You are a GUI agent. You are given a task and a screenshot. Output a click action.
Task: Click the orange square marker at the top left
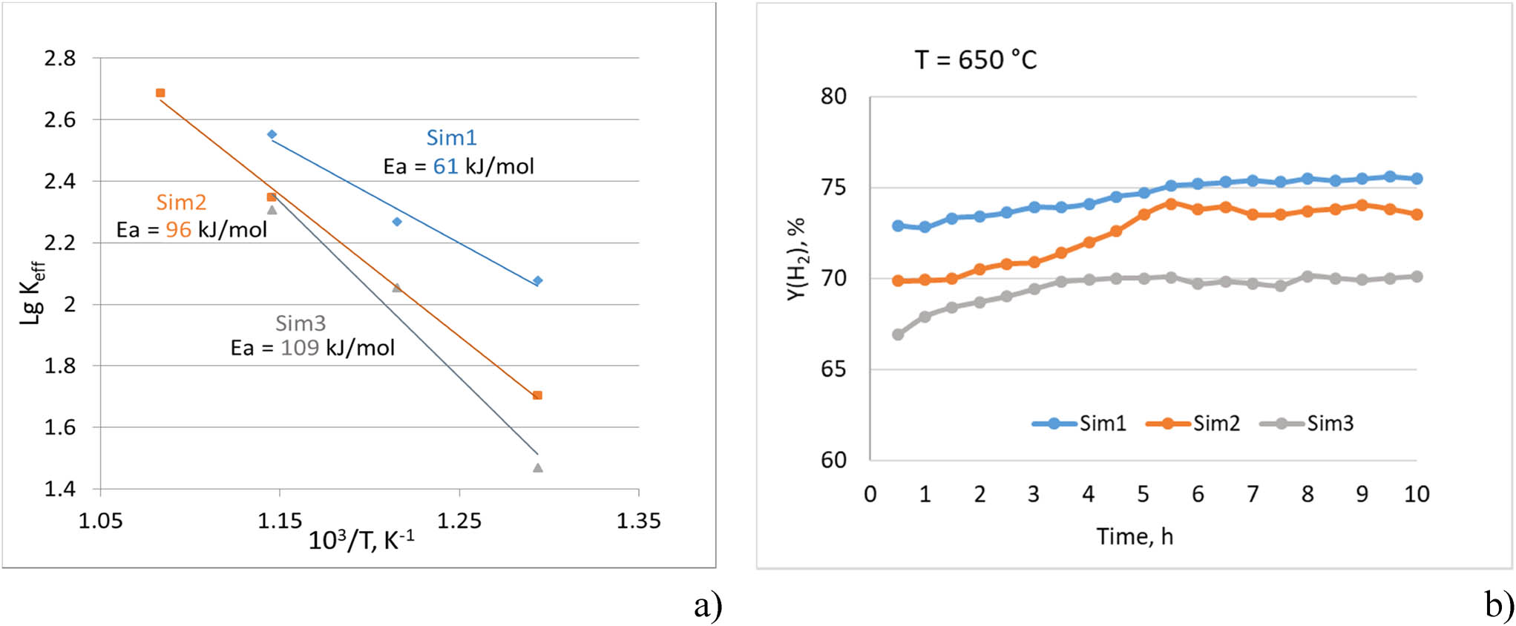pyautogui.click(x=160, y=93)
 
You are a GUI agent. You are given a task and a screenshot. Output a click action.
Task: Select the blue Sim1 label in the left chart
pyautogui.click(x=451, y=138)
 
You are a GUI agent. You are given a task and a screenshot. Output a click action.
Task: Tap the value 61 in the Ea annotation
pyautogui.click(x=445, y=166)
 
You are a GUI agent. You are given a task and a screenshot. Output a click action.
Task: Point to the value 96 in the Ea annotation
pyautogui.click(x=178, y=230)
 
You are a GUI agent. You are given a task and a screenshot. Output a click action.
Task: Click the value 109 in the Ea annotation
pyautogui.click(x=300, y=348)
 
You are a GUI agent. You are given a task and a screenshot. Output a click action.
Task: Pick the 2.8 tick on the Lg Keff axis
pyautogui.click(x=60, y=58)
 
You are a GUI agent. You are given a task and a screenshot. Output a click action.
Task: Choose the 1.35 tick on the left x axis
pyautogui.click(x=638, y=521)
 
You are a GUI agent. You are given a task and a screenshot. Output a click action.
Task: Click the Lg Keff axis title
pyautogui.click(x=33, y=293)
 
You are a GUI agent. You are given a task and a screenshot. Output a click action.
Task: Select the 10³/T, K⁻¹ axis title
pyautogui.click(x=361, y=540)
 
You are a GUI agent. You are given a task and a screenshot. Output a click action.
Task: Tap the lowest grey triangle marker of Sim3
pyautogui.click(x=538, y=468)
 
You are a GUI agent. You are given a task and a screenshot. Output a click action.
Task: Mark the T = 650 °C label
pyautogui.click(x=976, y=60)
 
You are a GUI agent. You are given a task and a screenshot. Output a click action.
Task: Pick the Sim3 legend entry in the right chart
pyautogui.click(x=1307, y=424)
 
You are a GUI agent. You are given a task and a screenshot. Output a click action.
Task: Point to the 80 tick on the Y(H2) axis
pyautogui.click(x=833, y=96)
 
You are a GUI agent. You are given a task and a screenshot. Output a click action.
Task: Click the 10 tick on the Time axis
pyautogui.click(x=1417, y=494)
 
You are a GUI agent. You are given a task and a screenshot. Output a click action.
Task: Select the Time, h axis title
pyautogui.click(x=1135, y=536)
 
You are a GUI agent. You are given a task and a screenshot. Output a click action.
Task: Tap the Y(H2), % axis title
pyautogui.click(x=796, y=260)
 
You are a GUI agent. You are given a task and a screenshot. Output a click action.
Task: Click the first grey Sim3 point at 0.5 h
pyautogui.click(x=898, y=335)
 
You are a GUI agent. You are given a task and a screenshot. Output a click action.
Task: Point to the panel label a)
pyautogui.click(x=708, y=605)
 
